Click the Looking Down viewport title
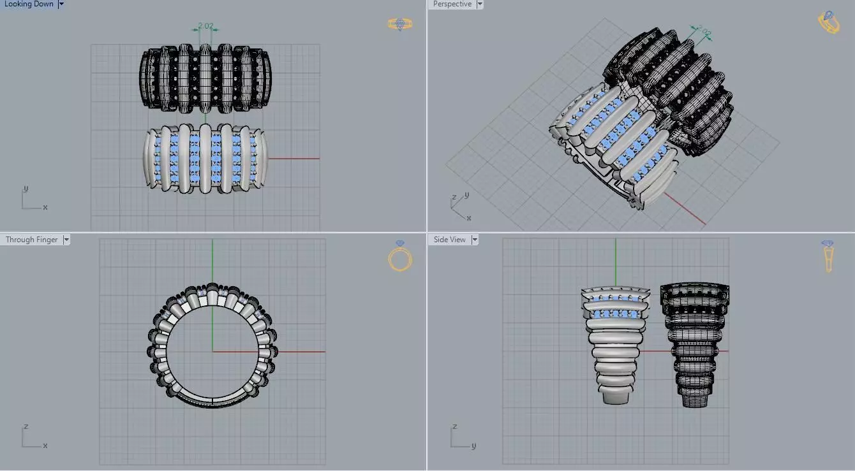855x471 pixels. (29, 4)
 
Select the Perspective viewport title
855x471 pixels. (452, 4)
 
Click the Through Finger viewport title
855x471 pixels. (31, 240)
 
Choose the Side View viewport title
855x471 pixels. (449, 240)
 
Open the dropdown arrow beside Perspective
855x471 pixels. (480, 4)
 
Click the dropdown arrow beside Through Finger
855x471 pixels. (66, 240)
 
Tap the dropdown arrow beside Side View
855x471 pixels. (474, 240)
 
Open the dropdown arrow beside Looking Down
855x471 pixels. (61, 4)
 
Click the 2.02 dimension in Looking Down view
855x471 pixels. (205, 26)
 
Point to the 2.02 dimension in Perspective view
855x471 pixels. (703, 31)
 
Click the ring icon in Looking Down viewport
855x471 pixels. (400, 24)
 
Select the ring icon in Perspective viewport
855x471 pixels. (829, 22)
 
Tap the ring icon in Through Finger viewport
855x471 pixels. (400, 256)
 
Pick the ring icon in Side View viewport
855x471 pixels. (828, 255)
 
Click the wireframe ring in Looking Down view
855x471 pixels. (205, 78)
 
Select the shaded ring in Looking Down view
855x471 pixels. (205, 158)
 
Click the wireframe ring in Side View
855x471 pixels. (694, 344)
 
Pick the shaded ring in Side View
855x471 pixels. (615, 344)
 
